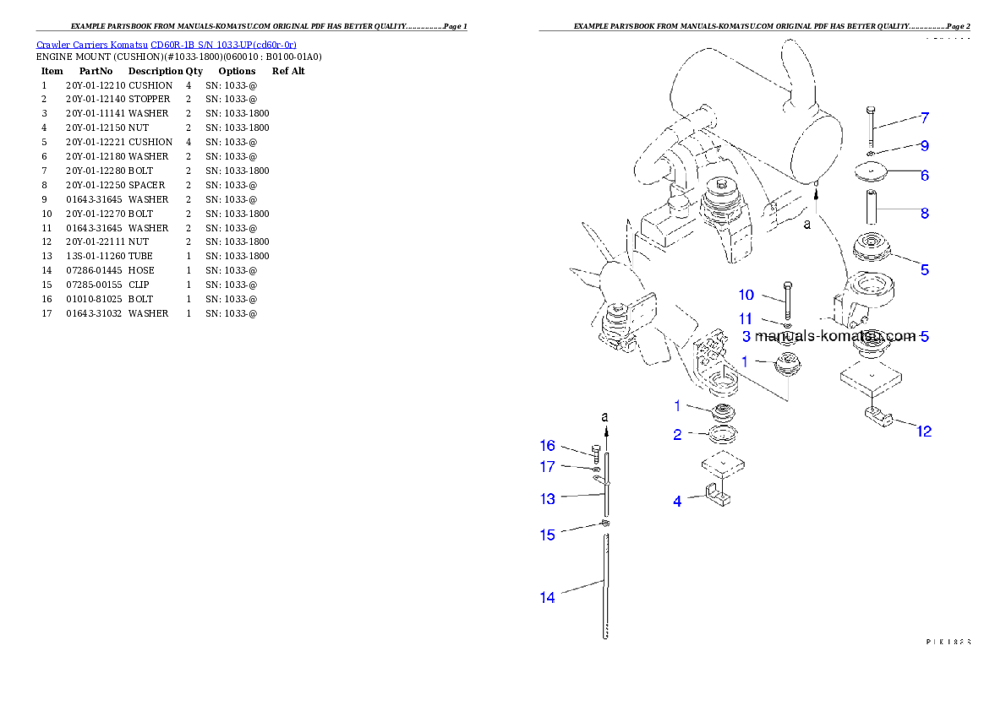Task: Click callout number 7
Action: click(x=925, y=117)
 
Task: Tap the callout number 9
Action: click(x=925, y=145)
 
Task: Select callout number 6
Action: click(x=925, y=175)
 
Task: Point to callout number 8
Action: click(x=925, y=213)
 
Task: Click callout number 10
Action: click(x=746, y=295)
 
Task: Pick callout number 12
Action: click(x=924, y=431)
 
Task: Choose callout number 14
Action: click(x=548, y=597)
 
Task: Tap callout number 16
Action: click(x=548, y=446)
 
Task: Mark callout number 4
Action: click(x=677, y=501)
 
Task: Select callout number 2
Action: click(x=677, y=435)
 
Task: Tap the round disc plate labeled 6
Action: click(x=871, y=173)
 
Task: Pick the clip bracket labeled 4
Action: click(x=715, y=497)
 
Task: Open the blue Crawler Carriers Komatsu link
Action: click(x=166, y=45)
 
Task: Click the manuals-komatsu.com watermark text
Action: click(x=834, y=336)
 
